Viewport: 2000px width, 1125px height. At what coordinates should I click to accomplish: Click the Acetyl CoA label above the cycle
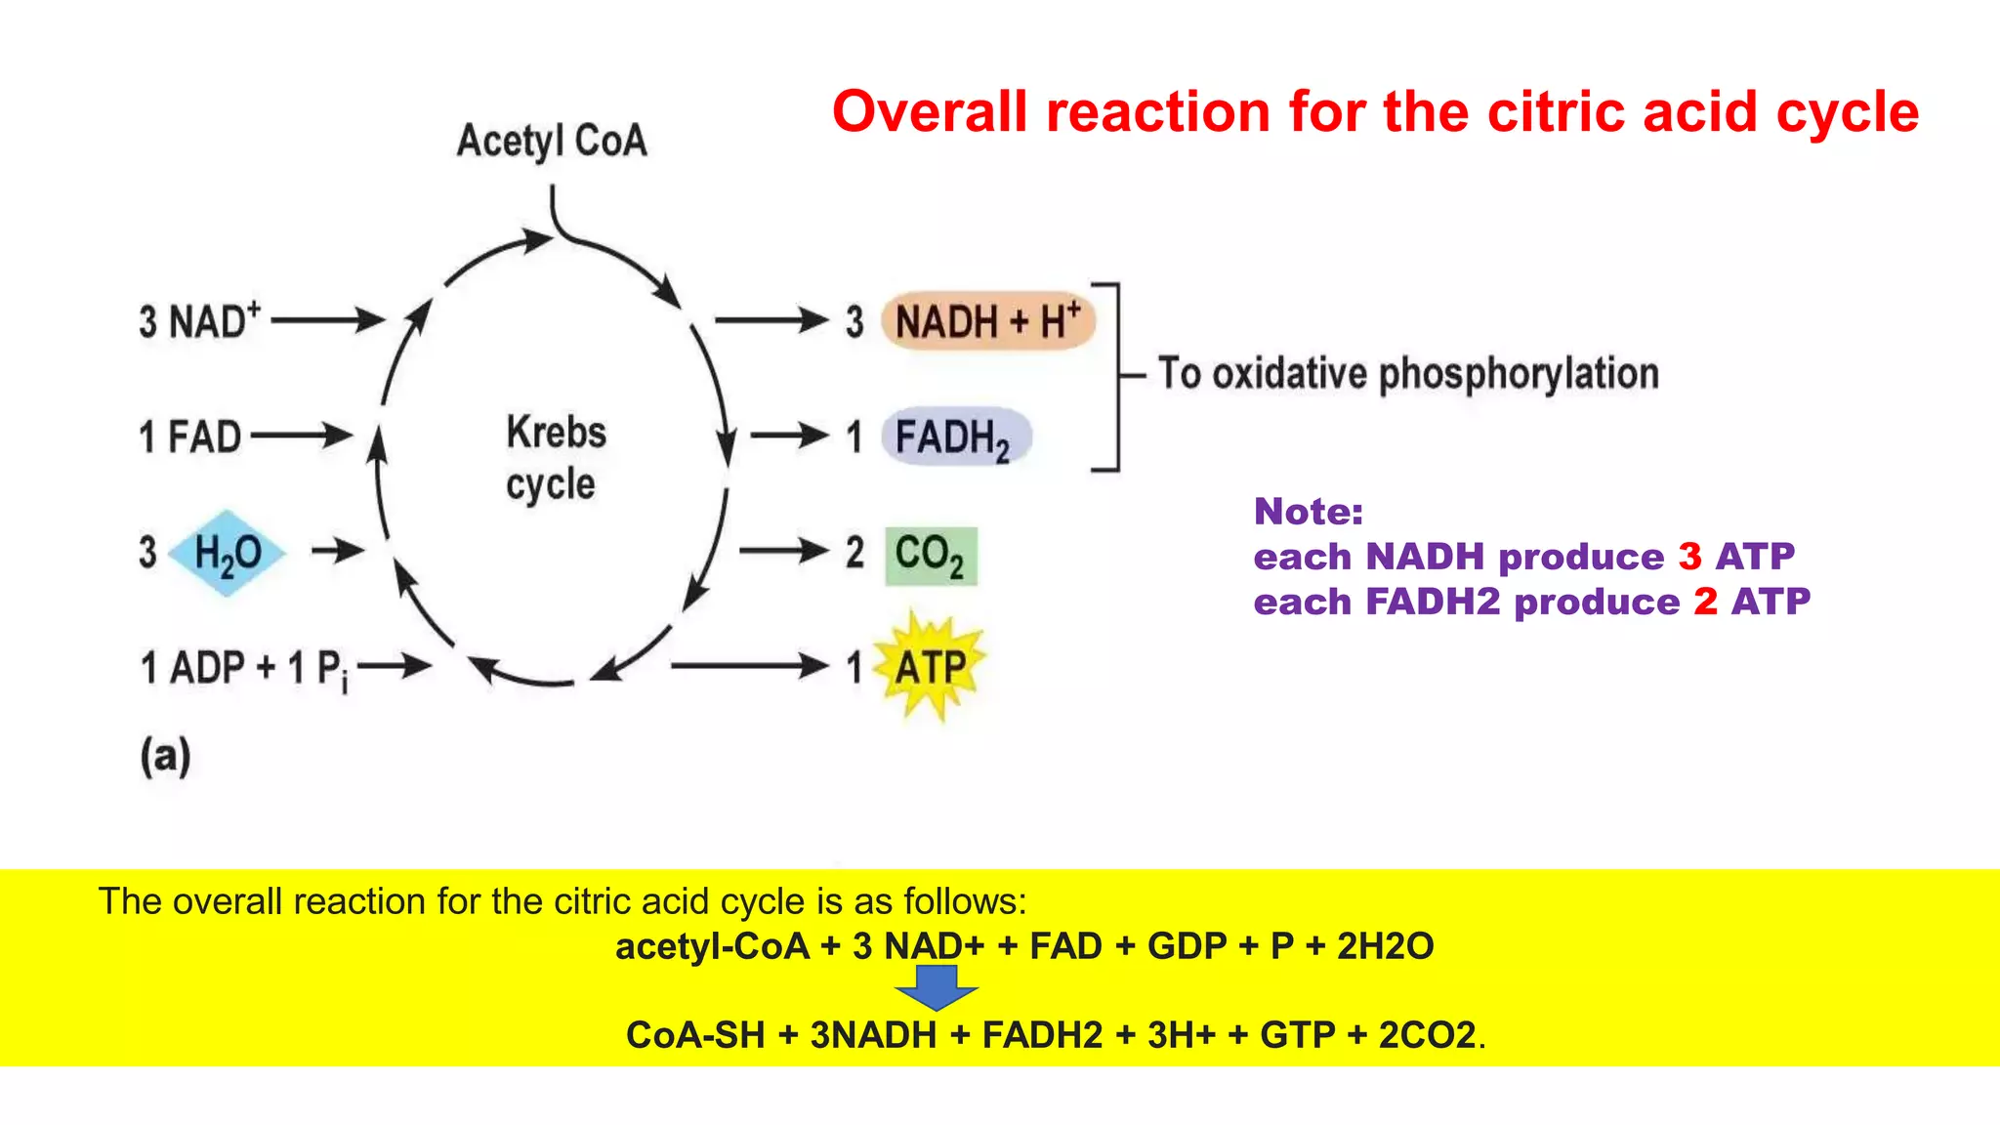pos(552,142)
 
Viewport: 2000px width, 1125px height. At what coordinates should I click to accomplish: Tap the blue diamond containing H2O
pos(227,553)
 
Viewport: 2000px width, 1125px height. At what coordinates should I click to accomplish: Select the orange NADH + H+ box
pos(987,321)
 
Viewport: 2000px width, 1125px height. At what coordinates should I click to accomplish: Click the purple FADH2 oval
pos(955,437)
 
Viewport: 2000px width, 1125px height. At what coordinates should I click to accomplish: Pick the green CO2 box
pos(931,556)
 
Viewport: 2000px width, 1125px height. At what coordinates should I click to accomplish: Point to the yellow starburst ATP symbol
pos(929,668)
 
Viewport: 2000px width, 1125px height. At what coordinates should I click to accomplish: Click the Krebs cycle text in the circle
pos(555,458)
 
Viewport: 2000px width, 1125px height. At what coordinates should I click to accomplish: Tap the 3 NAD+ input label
pos(200,321)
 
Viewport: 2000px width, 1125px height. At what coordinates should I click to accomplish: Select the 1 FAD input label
pos(189,437)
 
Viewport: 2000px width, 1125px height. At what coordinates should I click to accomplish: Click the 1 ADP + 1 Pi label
pos(243,670)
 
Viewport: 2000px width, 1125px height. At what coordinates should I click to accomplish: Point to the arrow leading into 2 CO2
pos(783,552)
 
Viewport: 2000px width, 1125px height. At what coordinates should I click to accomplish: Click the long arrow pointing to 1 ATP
pos(749,666)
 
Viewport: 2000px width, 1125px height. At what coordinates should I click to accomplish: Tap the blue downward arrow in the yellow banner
pos(937,987)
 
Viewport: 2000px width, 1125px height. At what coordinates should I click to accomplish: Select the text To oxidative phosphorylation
pos(1408,374)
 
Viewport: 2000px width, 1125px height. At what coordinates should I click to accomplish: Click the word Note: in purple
pos(1309,512)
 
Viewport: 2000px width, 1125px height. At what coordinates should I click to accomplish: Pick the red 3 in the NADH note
pos(1689,557)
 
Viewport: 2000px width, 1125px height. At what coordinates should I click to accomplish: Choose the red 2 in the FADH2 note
pos(1705,602)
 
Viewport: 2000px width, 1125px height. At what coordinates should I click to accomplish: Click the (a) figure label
pos(165,757)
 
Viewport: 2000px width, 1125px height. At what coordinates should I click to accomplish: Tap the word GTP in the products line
pos(1297,1035)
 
